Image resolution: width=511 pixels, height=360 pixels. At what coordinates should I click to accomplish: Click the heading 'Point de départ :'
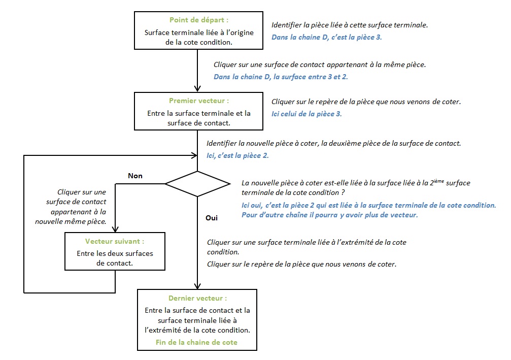[199, 20]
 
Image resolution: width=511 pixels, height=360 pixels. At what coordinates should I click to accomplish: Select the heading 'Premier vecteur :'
[199, 101]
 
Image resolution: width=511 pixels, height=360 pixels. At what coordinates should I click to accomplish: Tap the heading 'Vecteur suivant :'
[115, 241]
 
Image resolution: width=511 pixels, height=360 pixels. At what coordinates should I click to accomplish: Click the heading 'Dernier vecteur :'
[197, 298]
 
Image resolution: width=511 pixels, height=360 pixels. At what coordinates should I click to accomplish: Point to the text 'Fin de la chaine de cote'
[196, 342]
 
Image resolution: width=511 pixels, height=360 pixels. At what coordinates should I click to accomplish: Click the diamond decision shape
[197, 184]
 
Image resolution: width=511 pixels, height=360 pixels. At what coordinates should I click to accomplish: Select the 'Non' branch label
[135, 176]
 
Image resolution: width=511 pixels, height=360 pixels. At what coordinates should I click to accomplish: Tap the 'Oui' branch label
[212, 218]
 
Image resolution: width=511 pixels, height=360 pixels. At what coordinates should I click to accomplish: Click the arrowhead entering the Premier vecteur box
[197, 89]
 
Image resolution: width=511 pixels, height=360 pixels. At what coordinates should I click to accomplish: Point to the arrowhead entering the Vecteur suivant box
[115, 229]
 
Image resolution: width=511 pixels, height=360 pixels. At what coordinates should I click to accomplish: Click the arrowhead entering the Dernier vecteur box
[197, 286]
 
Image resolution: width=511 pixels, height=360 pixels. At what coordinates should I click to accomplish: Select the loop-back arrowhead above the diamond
[194, 155]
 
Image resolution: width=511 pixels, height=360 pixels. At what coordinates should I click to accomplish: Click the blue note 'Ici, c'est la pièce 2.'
[237, 155]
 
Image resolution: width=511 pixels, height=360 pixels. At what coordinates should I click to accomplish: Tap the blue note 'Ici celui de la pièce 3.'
[306, 114]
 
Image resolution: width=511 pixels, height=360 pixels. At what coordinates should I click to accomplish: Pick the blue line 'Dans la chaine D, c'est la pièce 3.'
[327, 37]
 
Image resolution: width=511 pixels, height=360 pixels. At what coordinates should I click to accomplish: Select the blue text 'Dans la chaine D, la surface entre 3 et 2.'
[281, 77]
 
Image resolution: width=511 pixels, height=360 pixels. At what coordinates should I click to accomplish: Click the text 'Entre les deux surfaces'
[115, 253]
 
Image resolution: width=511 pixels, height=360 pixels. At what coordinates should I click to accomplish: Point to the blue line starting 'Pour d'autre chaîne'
[329, 215]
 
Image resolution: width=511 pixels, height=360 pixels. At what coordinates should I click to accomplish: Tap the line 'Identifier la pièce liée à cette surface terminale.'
[350, 25]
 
